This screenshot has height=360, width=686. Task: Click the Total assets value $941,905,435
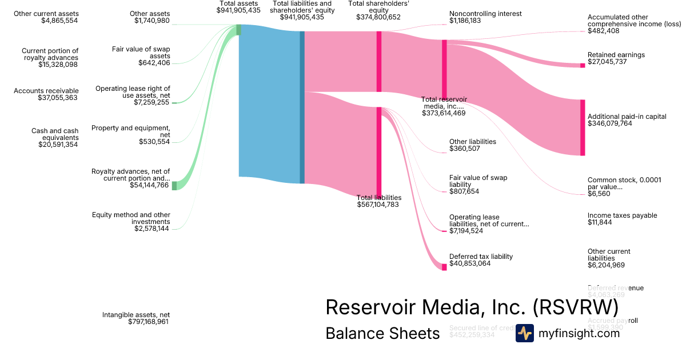coord(239,10)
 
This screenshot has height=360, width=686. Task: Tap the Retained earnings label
coord(616,55)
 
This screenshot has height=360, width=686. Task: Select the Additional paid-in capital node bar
coord(583,127)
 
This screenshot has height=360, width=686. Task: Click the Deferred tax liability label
coord(481,257)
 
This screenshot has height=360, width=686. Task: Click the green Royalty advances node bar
coord(174,186)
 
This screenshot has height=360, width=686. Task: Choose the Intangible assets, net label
coord(135,315)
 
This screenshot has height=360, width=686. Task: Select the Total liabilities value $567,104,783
coord(378,205)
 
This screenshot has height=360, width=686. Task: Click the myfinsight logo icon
coord(524,333)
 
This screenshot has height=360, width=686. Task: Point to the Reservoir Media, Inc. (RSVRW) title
coord(472,307)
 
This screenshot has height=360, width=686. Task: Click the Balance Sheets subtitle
coord(382,334)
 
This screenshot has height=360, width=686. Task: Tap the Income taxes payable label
coord(622,215)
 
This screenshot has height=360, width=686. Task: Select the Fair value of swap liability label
coord(478,181)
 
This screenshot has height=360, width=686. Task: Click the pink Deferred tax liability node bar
coord(444,267)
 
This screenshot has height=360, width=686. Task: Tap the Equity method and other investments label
coord(131,218)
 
